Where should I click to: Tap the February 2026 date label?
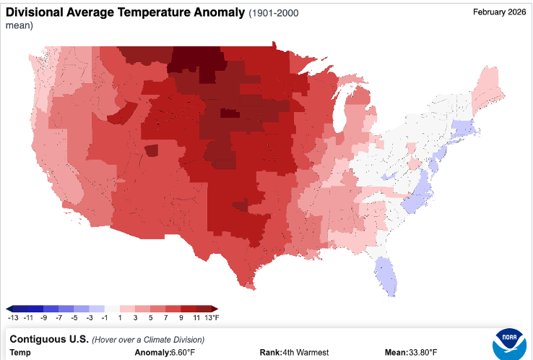click(x=499, y=12)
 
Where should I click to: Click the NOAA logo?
click(x=509, y=344)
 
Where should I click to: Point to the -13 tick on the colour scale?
click(x=13, y=318)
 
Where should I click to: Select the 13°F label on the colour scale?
click(x=212, y=318)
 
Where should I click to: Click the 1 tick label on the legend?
click(x=120, y=318)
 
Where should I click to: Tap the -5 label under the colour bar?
click(x=74, y=318)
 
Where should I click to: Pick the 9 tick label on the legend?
click(x=181, y=318)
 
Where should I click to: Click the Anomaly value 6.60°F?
click(x=183, y=353)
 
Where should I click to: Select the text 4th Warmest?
click(x=305, y=353)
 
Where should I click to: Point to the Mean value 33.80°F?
click(x=423, y=353)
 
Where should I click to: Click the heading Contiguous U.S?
click(x=49, y=339)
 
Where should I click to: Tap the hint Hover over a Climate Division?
click(x=148, y=340)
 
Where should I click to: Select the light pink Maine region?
click(x=487, y=89)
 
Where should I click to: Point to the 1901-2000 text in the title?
click(x=274, y=13)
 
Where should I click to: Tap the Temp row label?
click(x=20, y=353)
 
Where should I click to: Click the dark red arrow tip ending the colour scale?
click(x=214, y=309)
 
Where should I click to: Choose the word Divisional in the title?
click(x=35, y=12)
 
